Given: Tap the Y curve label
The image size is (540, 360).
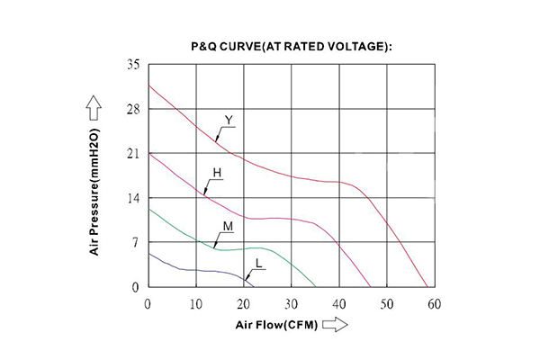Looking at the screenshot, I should (229, 120).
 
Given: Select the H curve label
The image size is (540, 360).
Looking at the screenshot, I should (216, 171).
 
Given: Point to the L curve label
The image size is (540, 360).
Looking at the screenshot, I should (258, 263).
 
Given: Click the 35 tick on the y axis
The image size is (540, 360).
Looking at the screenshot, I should (133, 66).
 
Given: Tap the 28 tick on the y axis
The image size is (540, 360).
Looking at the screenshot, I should (133, 110).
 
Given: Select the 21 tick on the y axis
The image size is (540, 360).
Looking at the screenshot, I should (133, 154).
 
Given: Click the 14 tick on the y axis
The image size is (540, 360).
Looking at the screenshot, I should (133, 198).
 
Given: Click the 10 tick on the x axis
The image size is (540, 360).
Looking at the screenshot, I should (195, 304).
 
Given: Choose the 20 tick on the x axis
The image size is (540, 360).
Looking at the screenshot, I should (243, 304).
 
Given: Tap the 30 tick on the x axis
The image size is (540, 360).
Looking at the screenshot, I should (291, 304).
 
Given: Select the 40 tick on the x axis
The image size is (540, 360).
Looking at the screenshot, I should (338, 304).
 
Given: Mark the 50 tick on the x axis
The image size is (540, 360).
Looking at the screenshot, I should (386, 304).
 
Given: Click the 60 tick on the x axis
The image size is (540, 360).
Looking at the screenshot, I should (434, 304).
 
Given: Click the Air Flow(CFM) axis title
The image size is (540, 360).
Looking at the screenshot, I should (275, 326).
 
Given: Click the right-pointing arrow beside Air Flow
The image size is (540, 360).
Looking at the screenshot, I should (334, 326).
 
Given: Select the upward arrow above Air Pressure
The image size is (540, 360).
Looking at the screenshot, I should (94, 110).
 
